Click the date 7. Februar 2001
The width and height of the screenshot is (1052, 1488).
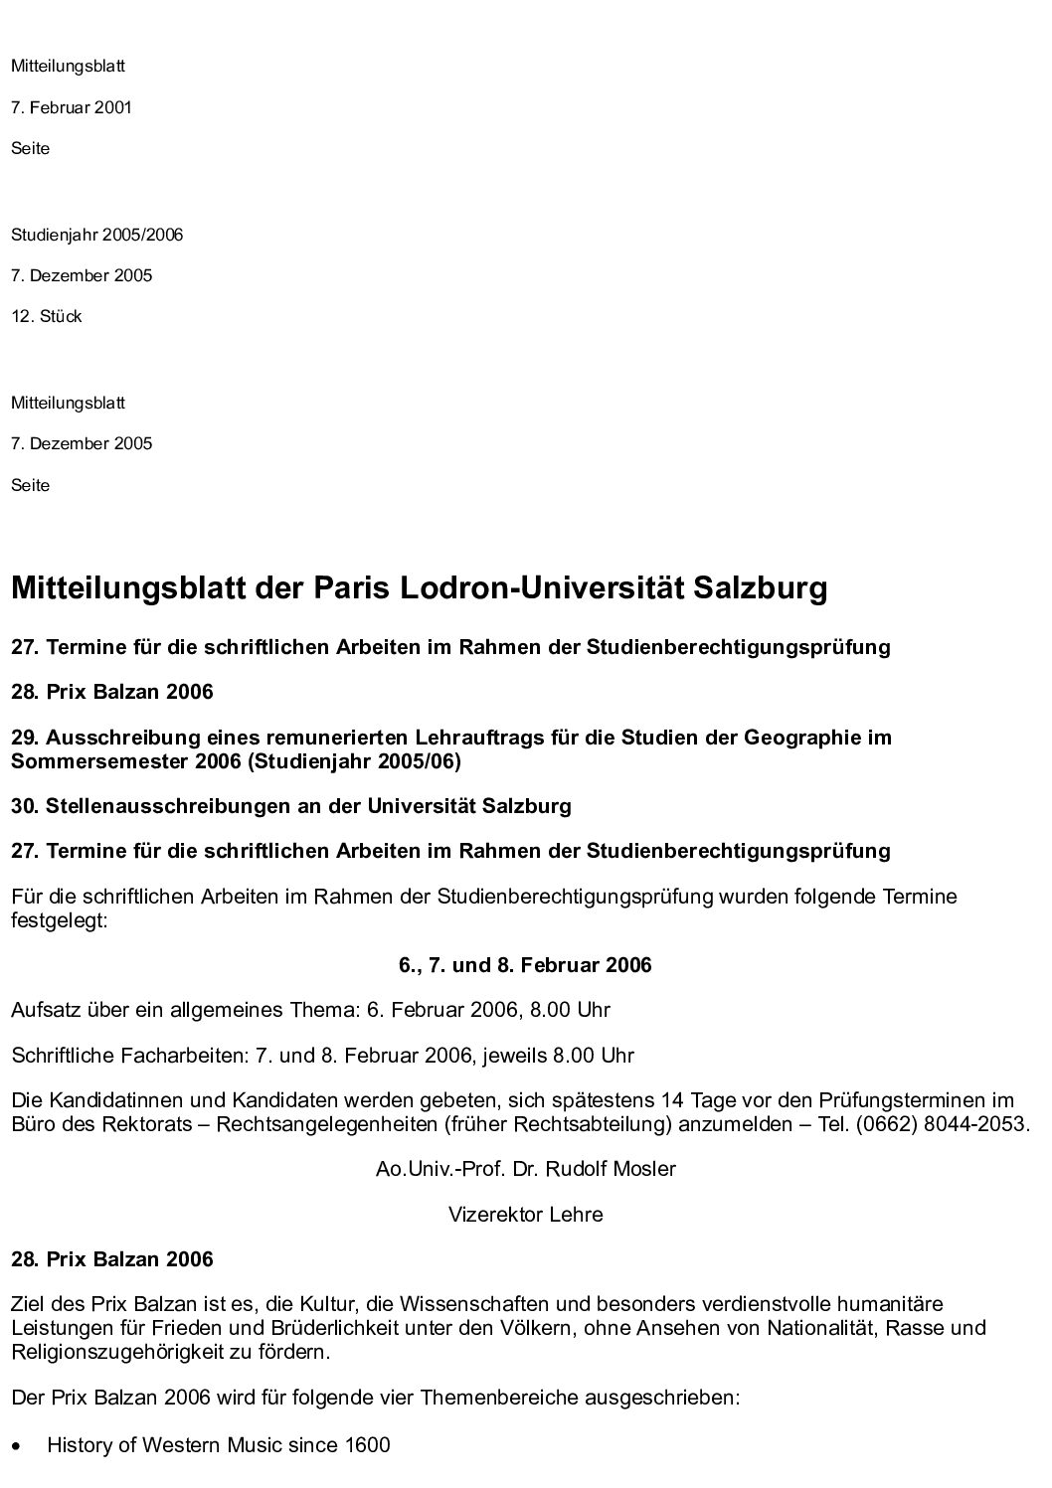(x=72, y=107)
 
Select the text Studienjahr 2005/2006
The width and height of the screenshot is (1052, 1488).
(x=96, y=236)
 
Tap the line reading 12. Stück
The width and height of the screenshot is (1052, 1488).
(x=47, y=317)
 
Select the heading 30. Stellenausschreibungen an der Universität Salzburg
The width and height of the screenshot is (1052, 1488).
(x=291, y=806)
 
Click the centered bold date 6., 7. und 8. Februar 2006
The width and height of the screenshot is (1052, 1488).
(x=525, y=965)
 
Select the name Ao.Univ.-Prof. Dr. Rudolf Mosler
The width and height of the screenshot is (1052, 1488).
(x=525, y=1169)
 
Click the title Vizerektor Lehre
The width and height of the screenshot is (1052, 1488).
(x=525, y=1215)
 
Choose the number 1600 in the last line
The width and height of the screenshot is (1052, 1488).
(x=367, y=1445)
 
